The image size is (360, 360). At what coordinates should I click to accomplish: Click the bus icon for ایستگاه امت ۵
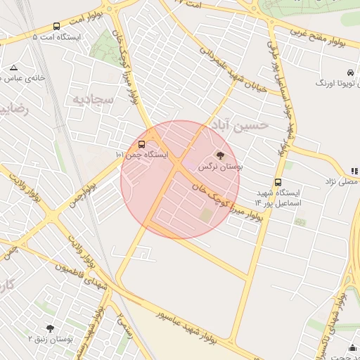pos(56,26)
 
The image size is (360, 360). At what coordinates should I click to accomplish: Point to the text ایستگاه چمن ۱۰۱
pos(142,154)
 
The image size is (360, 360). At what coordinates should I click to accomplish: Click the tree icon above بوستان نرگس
pos(220,156)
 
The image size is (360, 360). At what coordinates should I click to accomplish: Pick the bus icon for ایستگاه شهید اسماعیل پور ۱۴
pos(278,182)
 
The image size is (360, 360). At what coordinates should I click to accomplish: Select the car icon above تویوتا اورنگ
pos(349,72)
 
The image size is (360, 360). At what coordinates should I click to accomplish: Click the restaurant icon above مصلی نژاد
pos(354,171)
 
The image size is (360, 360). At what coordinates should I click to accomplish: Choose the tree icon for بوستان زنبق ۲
pos(50,328)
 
